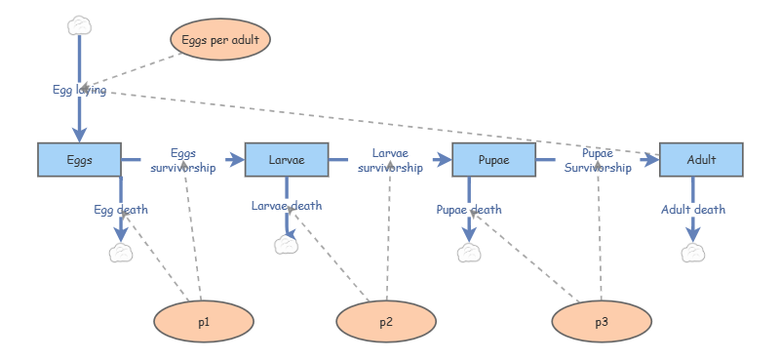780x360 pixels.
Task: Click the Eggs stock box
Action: (x=79, y=159)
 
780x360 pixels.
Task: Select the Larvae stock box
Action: (x=286, y=159)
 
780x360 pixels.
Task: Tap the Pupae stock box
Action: (x=493, y=159)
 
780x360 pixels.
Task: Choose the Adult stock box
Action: (x=701, y=159)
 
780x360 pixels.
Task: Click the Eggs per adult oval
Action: (x=220, y=40)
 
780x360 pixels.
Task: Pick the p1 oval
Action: (x=204, y=320)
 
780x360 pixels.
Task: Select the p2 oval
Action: (x=386, y=320)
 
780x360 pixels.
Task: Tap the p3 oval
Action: (x=601, y=320)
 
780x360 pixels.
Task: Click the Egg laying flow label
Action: (x=79, y=90)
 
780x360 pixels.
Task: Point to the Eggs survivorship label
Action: (x=182, y=160)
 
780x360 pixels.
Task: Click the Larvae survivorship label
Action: (x=390, y=160)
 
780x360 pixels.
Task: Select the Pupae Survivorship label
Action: (x=598, y=160)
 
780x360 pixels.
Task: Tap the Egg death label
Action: (x=121, y=209)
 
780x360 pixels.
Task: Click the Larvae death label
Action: (x=286, y=205)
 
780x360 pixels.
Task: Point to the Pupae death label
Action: (x=469, y=209)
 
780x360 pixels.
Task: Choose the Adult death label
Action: (x=693, y=209)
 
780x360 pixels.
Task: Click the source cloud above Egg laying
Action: (x=79, y=25)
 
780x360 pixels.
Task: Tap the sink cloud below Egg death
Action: (x=121, y=253)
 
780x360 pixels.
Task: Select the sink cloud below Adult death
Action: (x=693, y=253)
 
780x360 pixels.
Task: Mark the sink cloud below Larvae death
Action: (x=286, y=244)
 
